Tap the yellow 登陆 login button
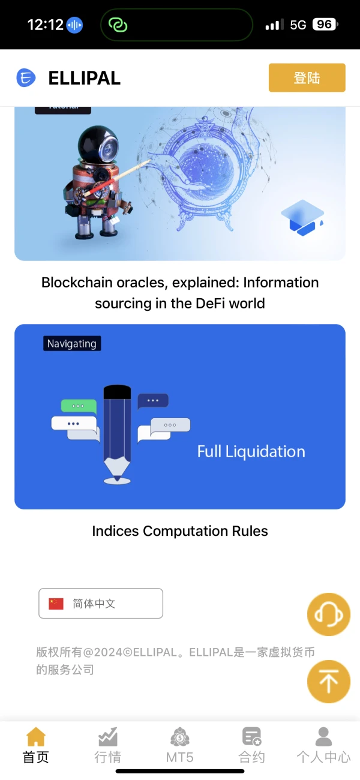coord(307,77)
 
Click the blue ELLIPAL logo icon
coord(26,78)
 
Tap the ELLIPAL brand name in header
coord(84,78)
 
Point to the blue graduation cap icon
coord(302,217)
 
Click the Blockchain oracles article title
coord(180,293)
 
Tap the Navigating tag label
coord(72,344)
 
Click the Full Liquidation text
coord(251,452)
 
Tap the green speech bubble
coord(79,406)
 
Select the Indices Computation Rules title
coord(180,531)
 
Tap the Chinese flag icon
coord(56,604)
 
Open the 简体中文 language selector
coord(101,604)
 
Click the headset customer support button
coord(328,614)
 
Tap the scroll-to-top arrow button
coord(328,682)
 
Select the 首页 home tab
coord(36,745)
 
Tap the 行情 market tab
coord(108,745)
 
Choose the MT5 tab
coord(180,745)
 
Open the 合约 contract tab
coord(252,745)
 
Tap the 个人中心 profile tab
coord(323,745)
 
